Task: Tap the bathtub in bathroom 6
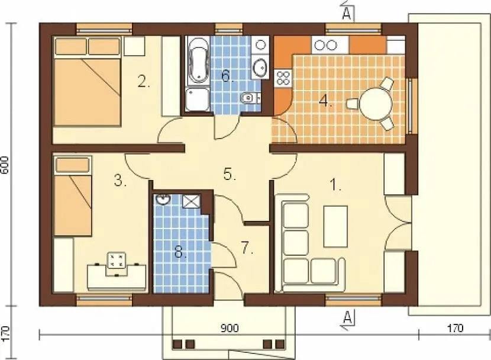click(x=198, y=62)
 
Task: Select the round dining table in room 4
click(x=376, y=103)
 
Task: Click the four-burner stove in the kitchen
click(x=283, y=78)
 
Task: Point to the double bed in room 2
click(x=88, y=82)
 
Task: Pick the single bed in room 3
click(x=73, y=196)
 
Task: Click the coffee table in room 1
click(x=335, y=226)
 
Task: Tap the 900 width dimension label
click(x=230, y=329)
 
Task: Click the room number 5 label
click(x=230, y=174)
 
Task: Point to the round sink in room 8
click(x=163, y=200)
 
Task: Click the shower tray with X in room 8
click(x=190, y=201)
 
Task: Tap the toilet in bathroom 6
click(x=249, y=98)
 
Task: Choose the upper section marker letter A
click(x=346, y=14)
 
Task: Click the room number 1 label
click(x=335, y=185)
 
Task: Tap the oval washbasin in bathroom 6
click(x=260, y=67)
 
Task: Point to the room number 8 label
click(x=180, y=251)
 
